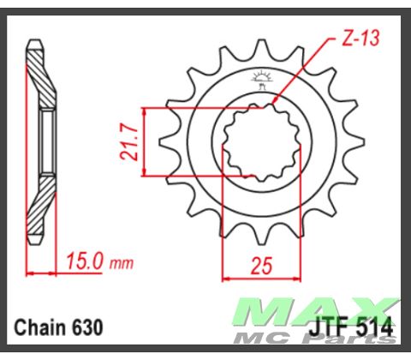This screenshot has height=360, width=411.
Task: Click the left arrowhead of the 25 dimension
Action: (x=226, y=276)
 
